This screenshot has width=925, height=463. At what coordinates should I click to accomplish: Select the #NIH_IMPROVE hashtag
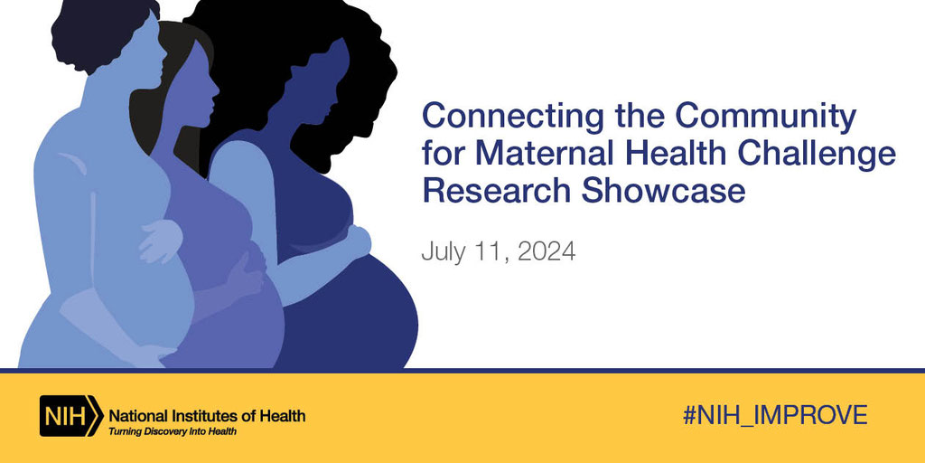775,415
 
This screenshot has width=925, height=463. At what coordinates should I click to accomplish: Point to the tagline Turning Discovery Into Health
173,431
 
